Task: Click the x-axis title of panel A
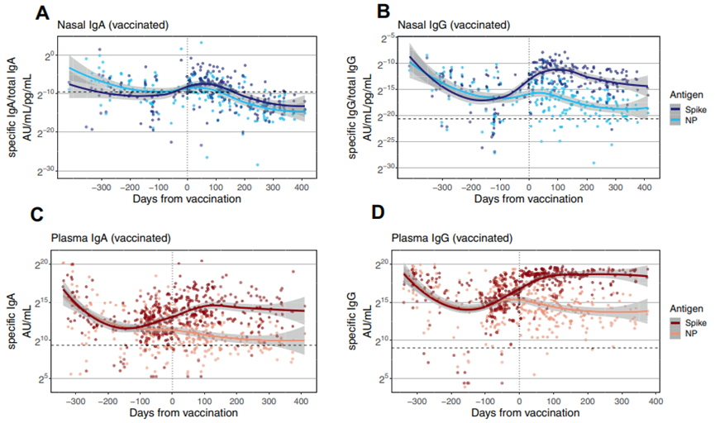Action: [x=188, y=199]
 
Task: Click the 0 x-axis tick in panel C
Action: [x=172, y=400]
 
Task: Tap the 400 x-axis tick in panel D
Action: [x=653, y=400]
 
